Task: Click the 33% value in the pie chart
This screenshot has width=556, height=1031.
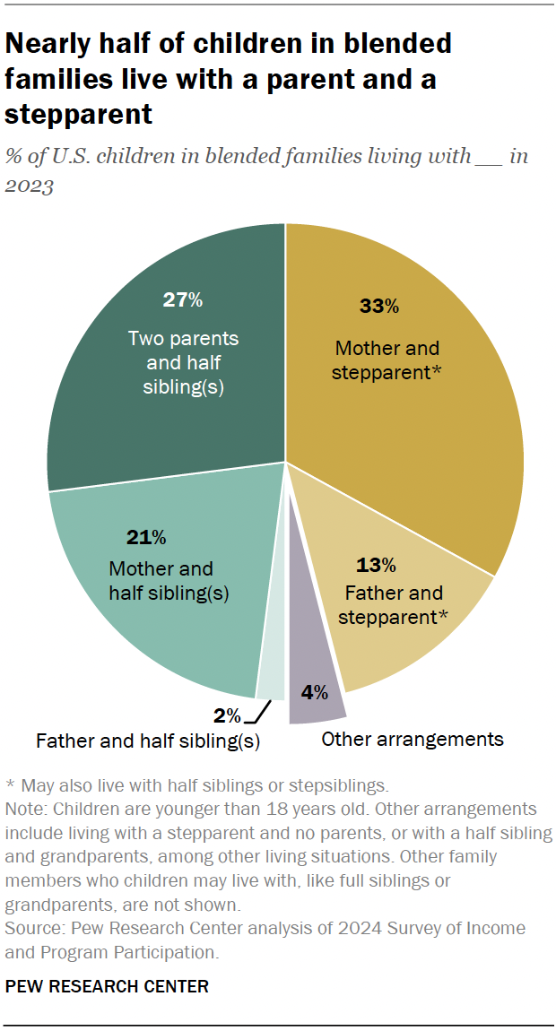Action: click(378, 307)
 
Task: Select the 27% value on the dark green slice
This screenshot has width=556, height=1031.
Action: click(183, 299)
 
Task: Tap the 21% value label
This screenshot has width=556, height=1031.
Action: click(146, 538)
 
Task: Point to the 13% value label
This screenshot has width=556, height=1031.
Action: click(376, 565)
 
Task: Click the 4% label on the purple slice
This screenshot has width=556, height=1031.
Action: click(314, 692)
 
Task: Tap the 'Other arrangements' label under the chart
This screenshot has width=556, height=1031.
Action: click(413, 740)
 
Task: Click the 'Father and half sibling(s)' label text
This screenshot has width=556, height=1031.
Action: click(148, 741)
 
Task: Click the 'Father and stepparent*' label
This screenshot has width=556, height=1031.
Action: click(394, 605)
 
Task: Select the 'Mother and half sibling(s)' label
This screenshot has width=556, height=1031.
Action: click(161, 581)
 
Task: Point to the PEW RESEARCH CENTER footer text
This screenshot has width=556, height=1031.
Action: click(107, 987)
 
